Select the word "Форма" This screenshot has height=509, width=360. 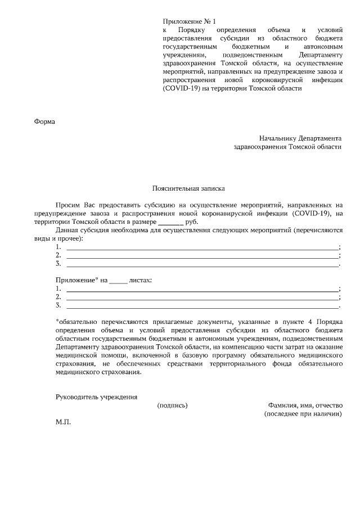pos(46,122)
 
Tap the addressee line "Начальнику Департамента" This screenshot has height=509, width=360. pos(300,138)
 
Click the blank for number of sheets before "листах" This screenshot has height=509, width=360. pos(118,280)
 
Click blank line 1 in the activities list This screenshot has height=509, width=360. pos(202,247)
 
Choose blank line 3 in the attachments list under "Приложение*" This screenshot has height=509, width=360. pos(202,305)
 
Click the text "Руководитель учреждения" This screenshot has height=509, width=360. pos(96,397)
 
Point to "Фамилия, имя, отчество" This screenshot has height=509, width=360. pos(305,405)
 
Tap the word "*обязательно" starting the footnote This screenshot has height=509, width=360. pos(78,321)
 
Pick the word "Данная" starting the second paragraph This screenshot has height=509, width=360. pos(67,231)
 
